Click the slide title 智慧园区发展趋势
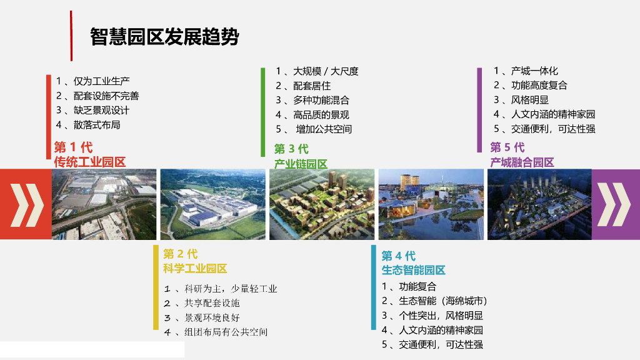tap(164, 37)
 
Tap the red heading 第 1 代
tap(74, 147)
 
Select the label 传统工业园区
tap(90, 162)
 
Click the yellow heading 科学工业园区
tap(195, 269)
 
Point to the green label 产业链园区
tap(301, 164)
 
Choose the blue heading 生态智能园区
tap(414, 270)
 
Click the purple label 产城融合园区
tap(522, 162)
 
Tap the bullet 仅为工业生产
tap(102, 81)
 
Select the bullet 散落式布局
tap(97, 125)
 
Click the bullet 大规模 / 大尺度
tap(326, 71)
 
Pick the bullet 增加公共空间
tap(324, 129)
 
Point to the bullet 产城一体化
tap(535, 71)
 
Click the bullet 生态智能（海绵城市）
tap(443, 301)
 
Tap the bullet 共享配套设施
tap(212, 303)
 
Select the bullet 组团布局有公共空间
tap(226, 332)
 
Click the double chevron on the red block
tap(27, 205)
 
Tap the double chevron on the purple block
tap(614, 204)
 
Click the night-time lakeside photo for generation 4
tap(431, 204)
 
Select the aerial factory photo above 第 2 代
tap(212, 204)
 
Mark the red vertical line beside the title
tap(71, 36)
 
